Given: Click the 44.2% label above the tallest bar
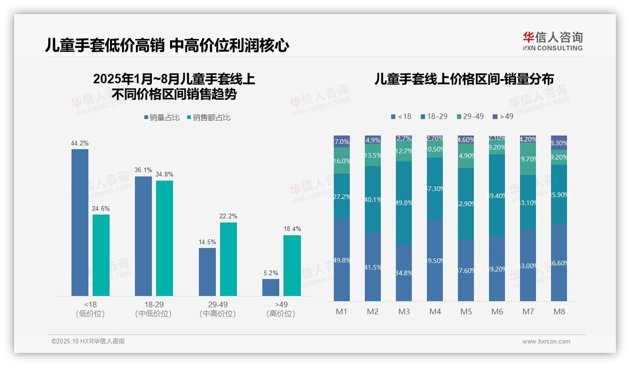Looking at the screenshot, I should pyautogui.click(x=80, y=143).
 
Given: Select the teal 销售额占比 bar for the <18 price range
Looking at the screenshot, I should pyautogui.click(x=101, y=255).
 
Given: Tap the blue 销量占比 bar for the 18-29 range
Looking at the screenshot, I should pyautogui.click(x=143, y=236).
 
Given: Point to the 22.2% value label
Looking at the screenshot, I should pyautogui.click(x=228, y=216).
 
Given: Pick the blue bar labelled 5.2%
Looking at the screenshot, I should pyautogui.click(x=271, y=287).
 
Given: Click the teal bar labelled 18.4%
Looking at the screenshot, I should pyautogui.click(x=292, y=265).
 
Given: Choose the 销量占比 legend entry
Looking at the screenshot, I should pyautogui.click(x=162, y=118).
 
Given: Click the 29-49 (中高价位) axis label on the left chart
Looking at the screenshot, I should pyautogui.click(x=218, y=309).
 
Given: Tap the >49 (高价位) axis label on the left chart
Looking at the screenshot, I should pyautogui.click(x=281, y=309).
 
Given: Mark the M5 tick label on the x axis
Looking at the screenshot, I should pyautogui.click(x=466, y=311).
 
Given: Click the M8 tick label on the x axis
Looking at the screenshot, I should pyautogui.click(x=559, y=311).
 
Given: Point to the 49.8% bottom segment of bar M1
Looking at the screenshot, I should pyautogui.click(x=342, y=260).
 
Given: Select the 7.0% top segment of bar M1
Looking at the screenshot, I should pyautogui.click(x=342, y=142).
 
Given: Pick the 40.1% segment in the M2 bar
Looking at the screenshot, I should pyautogui.click(x=373, y=199).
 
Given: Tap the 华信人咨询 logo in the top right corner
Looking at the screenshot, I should pyautogui.click(x=552, y=41).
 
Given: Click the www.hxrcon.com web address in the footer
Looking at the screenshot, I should pyautogui.click(x=546, y=342).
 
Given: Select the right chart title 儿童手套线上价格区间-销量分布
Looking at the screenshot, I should pyautogui.click(x=464, y=79).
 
